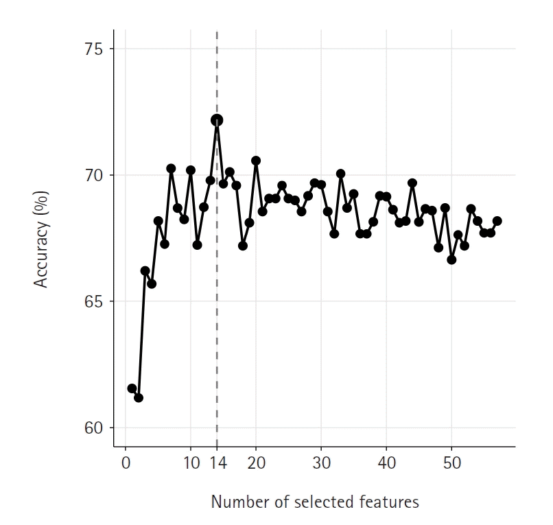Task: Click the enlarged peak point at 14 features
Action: (217, 120)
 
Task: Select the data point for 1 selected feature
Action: (132, 388)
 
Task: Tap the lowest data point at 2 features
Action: (139, 397)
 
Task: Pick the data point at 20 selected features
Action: (256, 161)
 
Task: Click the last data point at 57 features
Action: (497, 221)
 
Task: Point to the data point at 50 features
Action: (451, 259)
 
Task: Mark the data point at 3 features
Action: (145, 271)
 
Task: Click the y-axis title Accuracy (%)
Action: (42, 239)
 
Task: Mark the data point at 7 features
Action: (171, 168)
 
